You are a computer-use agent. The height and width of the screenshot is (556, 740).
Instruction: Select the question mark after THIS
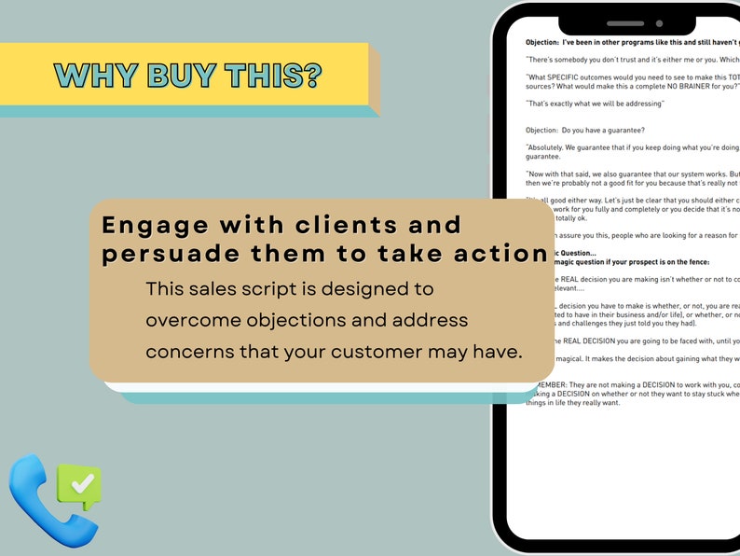tap(311, 76)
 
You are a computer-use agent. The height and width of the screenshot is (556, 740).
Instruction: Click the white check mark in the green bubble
tap(82, 483)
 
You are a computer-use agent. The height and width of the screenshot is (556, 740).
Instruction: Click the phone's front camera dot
tap(659, 23)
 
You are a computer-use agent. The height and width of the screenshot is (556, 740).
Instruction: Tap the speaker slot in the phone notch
tap(625, 23)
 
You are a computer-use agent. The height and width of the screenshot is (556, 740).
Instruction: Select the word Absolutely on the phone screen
tap(550, 147)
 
